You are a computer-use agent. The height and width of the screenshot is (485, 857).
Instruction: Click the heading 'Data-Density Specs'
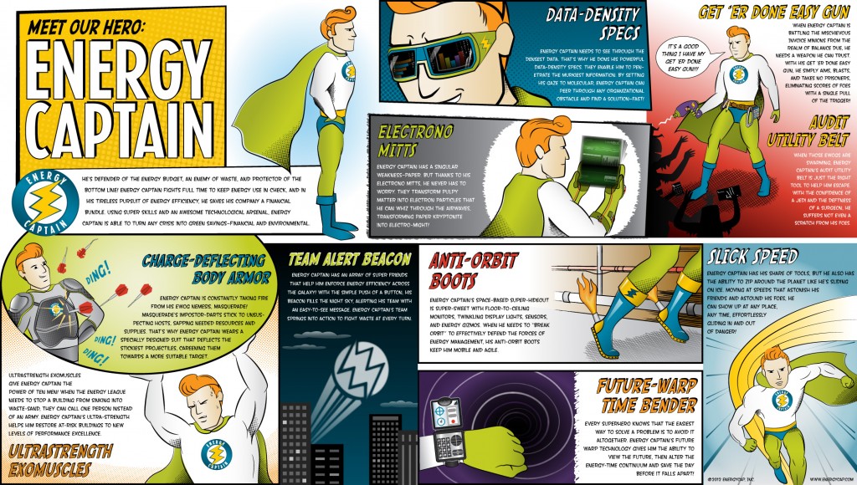593,25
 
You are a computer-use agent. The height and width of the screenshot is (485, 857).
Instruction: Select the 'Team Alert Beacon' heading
349,258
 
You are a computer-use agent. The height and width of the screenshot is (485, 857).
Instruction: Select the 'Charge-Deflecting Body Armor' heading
201,268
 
